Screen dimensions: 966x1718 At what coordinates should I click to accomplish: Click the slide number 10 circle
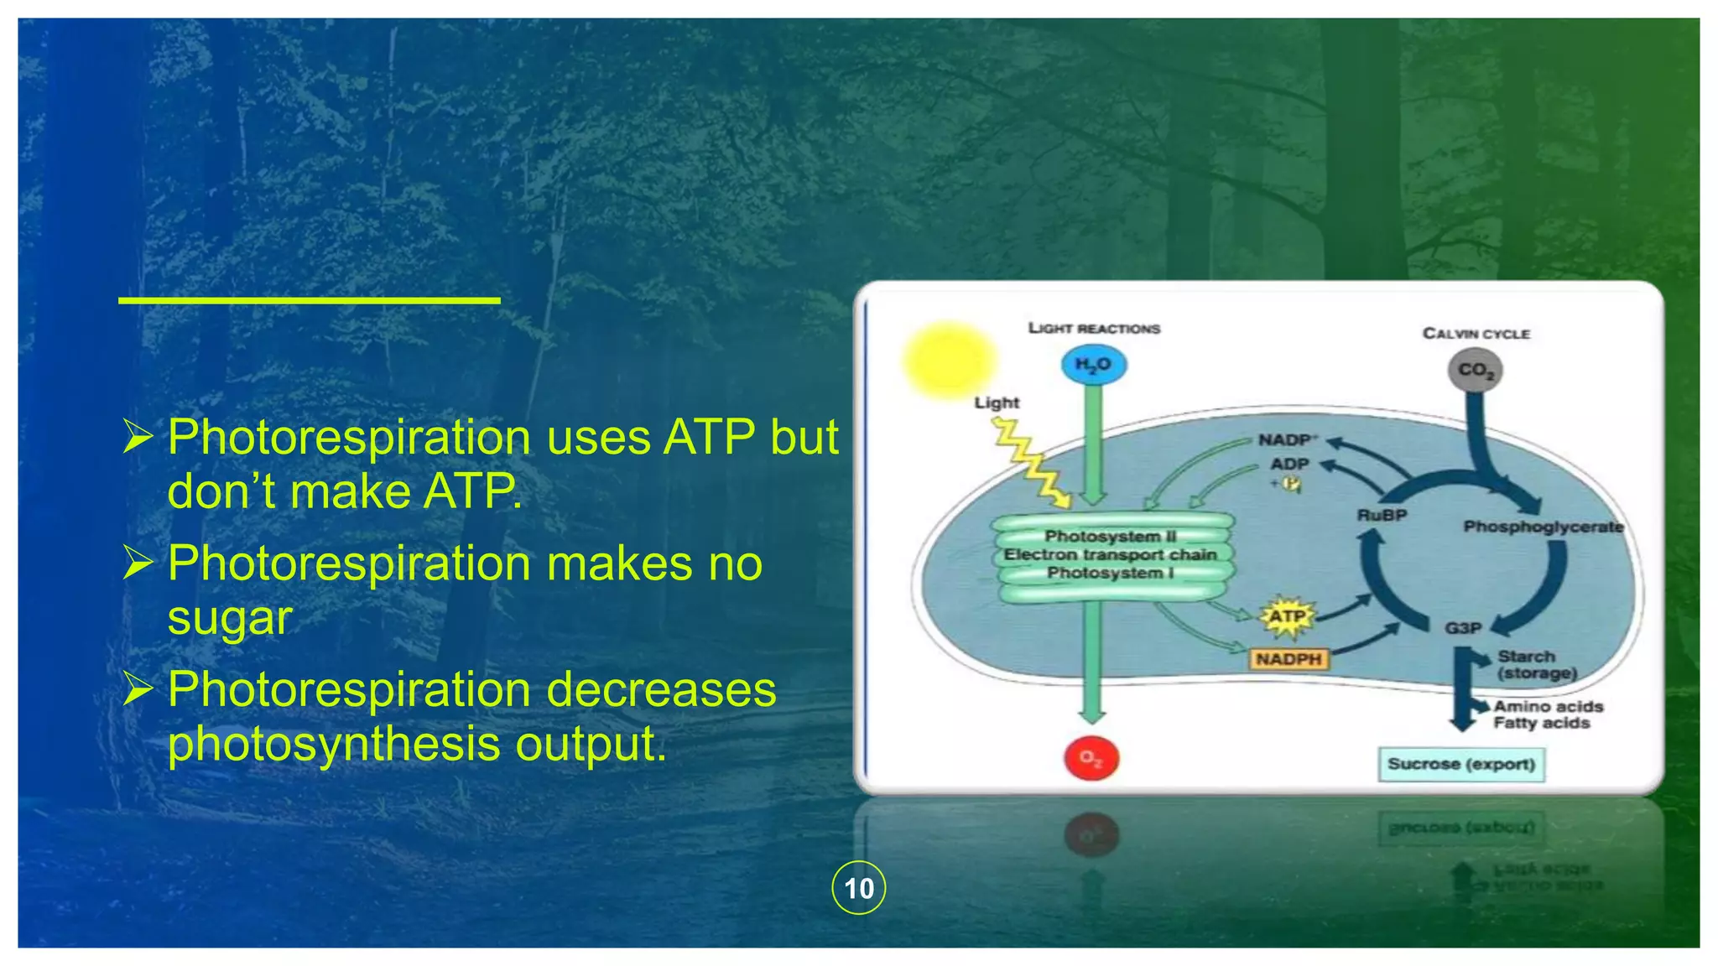tap(858, 887)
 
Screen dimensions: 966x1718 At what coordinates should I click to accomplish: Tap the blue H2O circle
tap(1092, 365)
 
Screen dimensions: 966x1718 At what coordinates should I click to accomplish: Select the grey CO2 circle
tap(1475, 370)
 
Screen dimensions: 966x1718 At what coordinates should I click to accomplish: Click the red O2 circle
tap(1091, 758)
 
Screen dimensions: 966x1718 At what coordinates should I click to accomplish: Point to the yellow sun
tap(949, 358)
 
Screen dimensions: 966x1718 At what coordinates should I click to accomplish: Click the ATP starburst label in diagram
tap(1286, 617)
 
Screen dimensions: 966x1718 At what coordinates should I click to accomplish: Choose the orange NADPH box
tap(1288, 659)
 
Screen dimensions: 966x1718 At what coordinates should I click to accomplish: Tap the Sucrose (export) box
tap(1460, 764)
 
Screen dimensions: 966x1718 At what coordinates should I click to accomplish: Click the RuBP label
tap(1382, 515)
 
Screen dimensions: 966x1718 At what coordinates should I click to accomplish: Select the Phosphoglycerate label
tap(1543, 527)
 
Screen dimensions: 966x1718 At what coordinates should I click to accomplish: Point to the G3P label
tap(1462, 628)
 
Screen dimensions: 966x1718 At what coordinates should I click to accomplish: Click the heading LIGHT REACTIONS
tap(1094, 329)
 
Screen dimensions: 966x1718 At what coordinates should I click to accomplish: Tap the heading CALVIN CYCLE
tap(1476, 334)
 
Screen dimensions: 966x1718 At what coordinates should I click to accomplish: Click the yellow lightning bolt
tap(1031, 461)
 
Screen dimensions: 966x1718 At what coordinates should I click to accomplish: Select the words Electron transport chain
tap(1110, 554)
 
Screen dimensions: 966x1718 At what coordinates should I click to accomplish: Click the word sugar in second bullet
tap(230, 618)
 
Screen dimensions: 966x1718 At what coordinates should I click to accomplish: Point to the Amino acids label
tap(1548, 707)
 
